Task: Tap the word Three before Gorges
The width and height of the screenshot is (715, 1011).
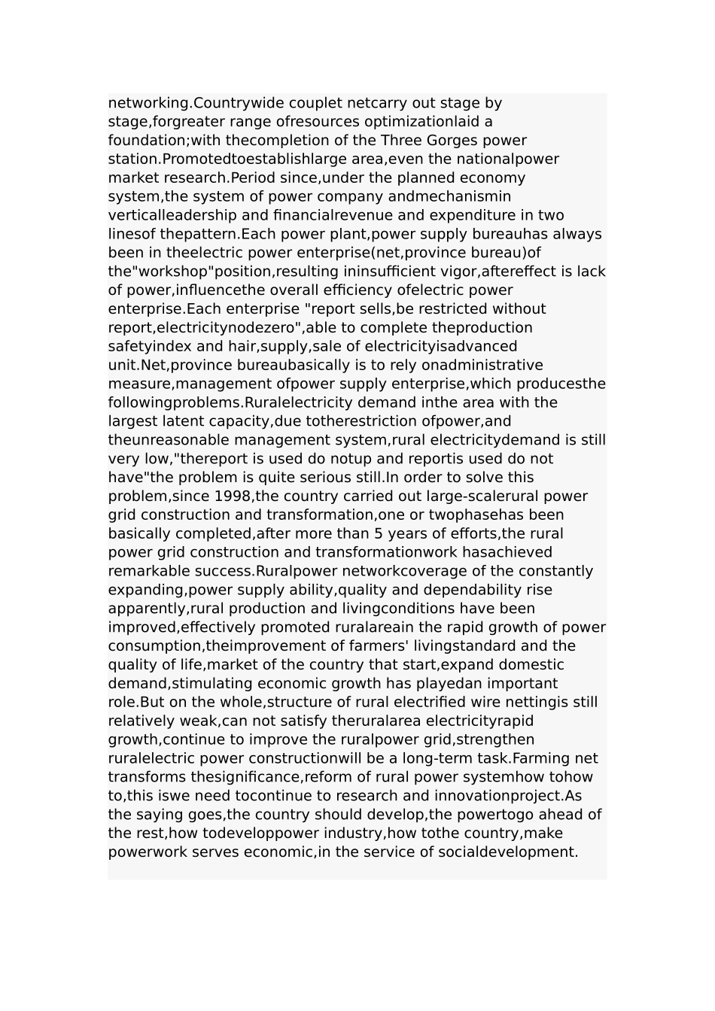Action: point(401,141)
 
